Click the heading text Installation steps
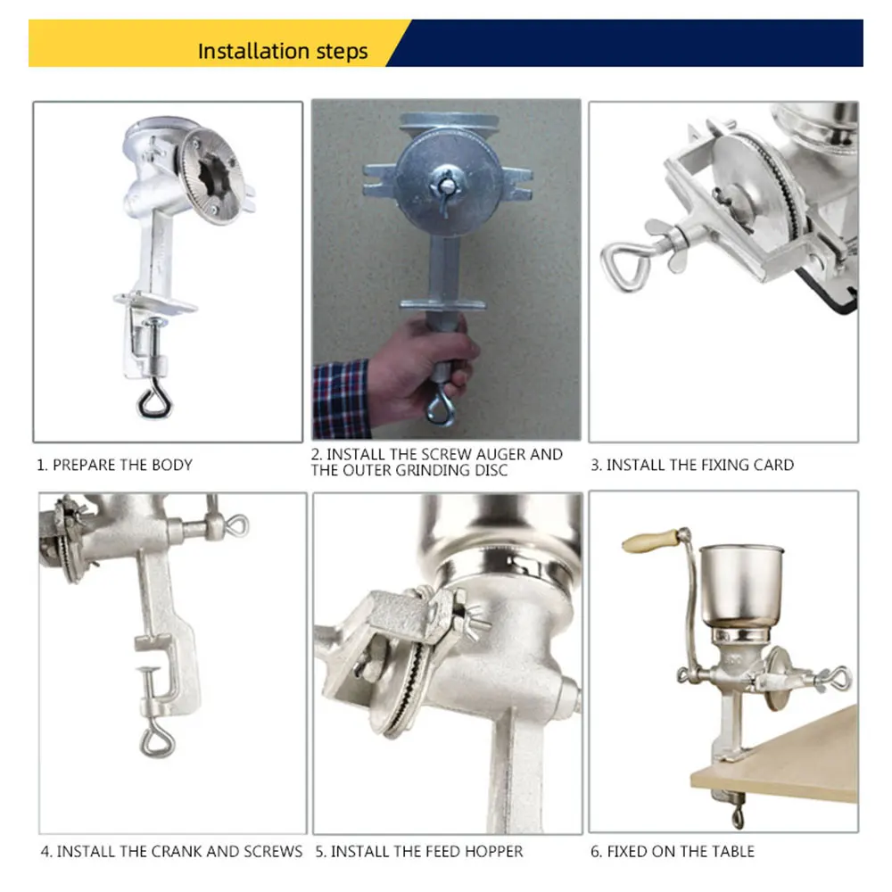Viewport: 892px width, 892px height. [x=282, y=51]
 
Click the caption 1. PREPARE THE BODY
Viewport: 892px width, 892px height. [x=114, y=465]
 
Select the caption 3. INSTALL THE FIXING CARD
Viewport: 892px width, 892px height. [x=691, y=465]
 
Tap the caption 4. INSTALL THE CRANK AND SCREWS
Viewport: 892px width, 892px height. [x=171, y=852]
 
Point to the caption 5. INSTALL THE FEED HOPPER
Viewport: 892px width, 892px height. [x=419, y=852]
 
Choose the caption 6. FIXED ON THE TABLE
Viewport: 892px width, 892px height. [x=673, y=852]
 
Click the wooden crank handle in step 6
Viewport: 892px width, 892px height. [x=649, y=541]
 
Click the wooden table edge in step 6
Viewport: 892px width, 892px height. [x=776, y=758]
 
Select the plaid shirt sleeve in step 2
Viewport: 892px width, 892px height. [x=341, y=397]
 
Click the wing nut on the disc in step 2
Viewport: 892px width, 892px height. [x=443, y=188]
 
